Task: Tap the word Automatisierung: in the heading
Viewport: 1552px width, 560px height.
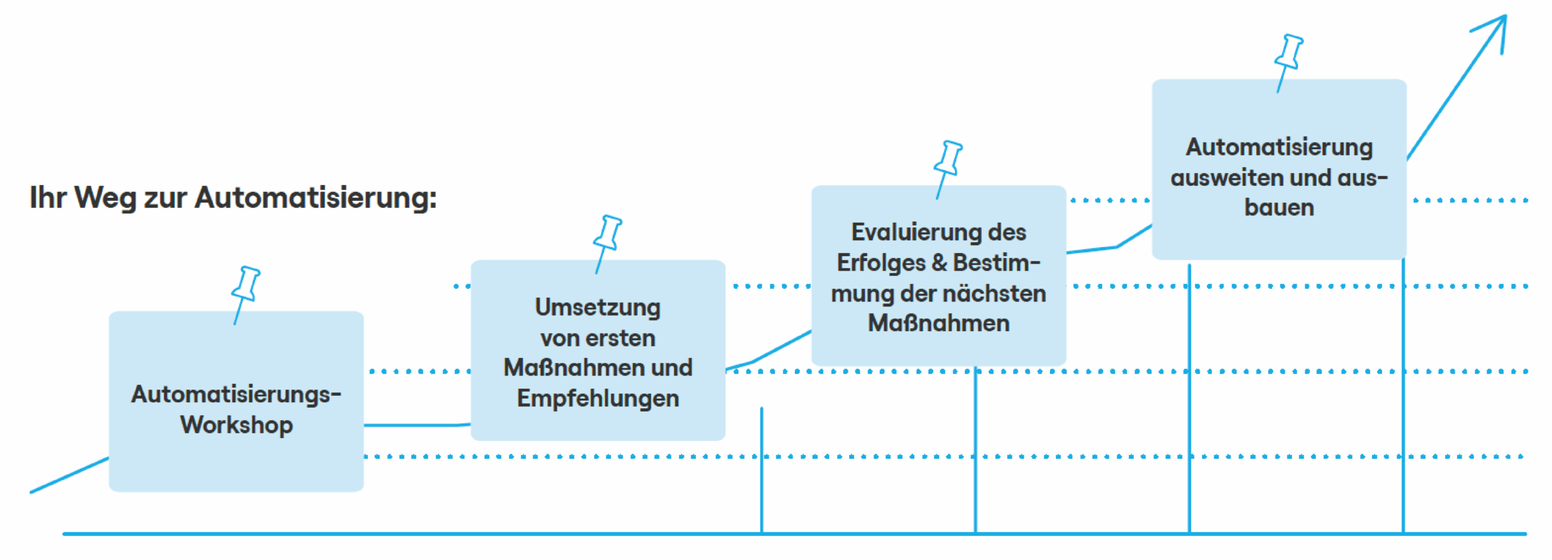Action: pos(316,198)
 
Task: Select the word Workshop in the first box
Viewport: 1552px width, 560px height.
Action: pos(236,425)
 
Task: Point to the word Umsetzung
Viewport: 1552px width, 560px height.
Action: pos(598,308)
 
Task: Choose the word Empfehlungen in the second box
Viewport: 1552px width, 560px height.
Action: pos(598,399)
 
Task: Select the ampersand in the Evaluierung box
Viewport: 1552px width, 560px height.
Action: pos(939,263)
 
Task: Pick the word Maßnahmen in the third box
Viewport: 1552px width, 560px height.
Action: pos(938,323)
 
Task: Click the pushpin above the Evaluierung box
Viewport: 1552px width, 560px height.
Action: pos(948,169)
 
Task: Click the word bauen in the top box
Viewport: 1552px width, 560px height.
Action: pos(1279,207)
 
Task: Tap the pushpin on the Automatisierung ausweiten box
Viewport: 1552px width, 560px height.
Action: pos(1288,63)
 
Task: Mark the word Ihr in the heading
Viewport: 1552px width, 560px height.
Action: pos(48,198)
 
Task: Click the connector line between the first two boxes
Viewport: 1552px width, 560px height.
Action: pos(417,425)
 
